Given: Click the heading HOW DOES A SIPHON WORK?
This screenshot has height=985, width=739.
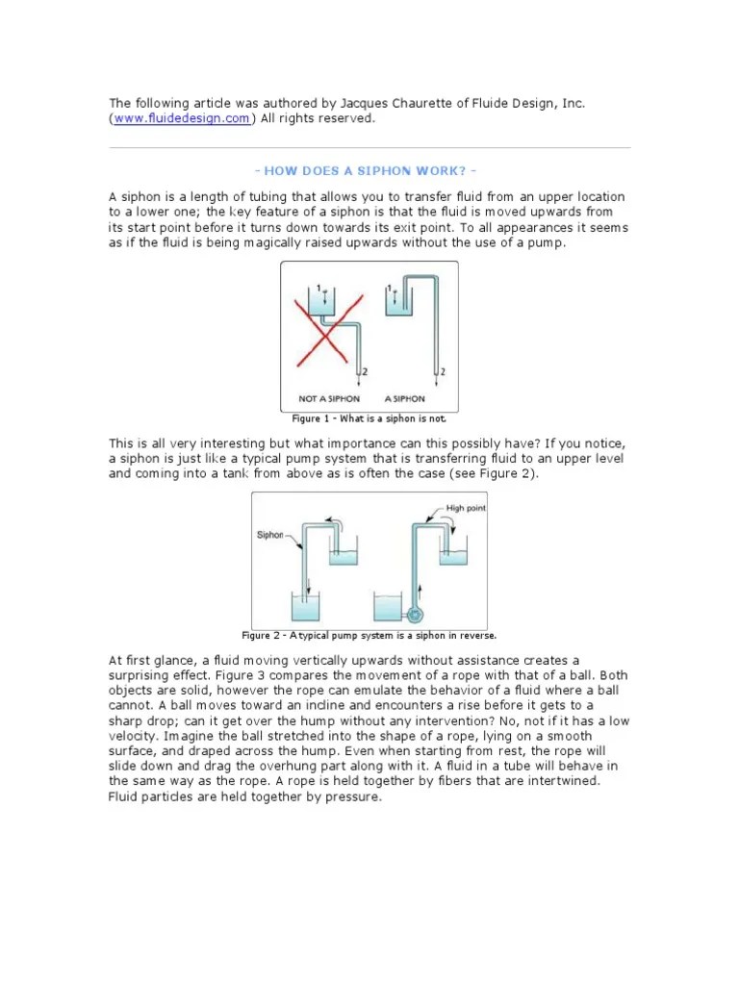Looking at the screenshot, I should pyautogui.click(x=369, y=170).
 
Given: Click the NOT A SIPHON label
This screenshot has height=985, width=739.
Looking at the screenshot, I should pyautogui.click(x=330, y=398).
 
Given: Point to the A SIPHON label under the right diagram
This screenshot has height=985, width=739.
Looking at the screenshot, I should pyautogui.click(x=405, y=398).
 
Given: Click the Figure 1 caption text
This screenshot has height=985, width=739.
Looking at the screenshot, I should pyautogui.click(x=369, y=419).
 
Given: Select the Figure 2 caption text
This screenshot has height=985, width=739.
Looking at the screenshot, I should pyautogui.click(x=369, y=636).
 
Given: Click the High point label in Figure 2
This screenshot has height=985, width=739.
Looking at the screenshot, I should pyautogui.click(x=467, y=508).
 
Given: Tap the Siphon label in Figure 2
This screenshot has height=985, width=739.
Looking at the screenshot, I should pyautogui.click(x=269, y=535).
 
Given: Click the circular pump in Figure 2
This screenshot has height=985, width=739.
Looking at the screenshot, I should pyautogui.click(x=416, y=614).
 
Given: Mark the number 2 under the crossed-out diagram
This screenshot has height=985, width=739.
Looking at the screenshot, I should pyautogui.click(x=365, y=372).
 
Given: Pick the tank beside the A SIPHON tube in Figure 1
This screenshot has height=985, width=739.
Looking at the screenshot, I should pyautogui.click(x=395, y=303).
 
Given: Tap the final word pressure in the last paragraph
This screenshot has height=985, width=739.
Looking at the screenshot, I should pyautogui.click(x=355, y=796).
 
